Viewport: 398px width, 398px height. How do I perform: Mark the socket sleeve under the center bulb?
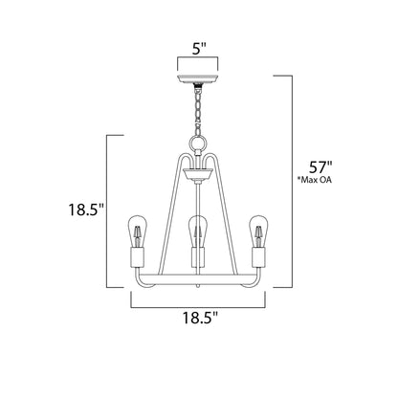coord(198,259)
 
